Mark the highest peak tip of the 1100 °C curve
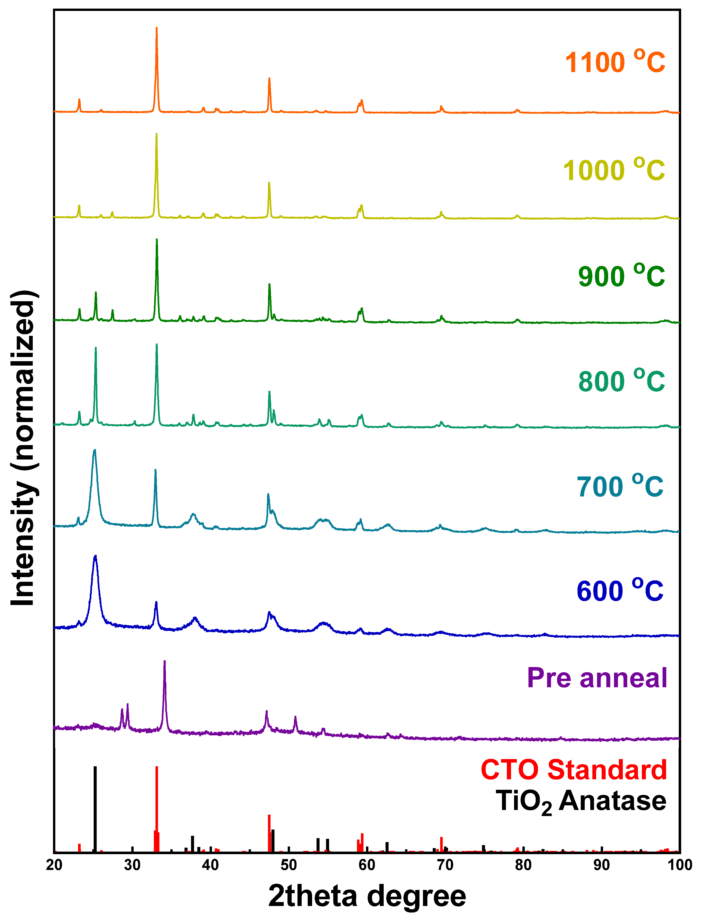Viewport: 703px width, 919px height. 156,28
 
